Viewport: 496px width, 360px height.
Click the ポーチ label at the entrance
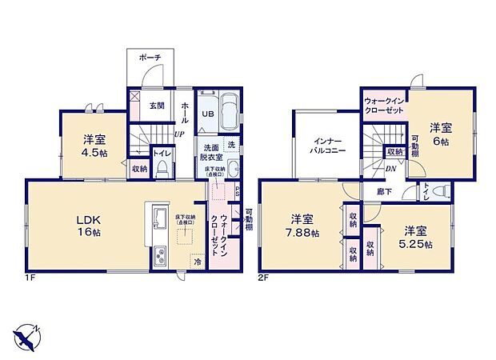point(150,58)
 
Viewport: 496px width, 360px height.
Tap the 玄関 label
point(156,106)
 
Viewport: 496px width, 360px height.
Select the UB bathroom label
point(206,114)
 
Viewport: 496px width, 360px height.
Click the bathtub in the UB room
point(228,111)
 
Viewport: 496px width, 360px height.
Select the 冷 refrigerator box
point(195,261)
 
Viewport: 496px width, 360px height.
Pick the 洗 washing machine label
point(230,146)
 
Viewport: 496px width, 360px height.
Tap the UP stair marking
point(180,134)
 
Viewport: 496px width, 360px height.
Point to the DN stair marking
point(390,169)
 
